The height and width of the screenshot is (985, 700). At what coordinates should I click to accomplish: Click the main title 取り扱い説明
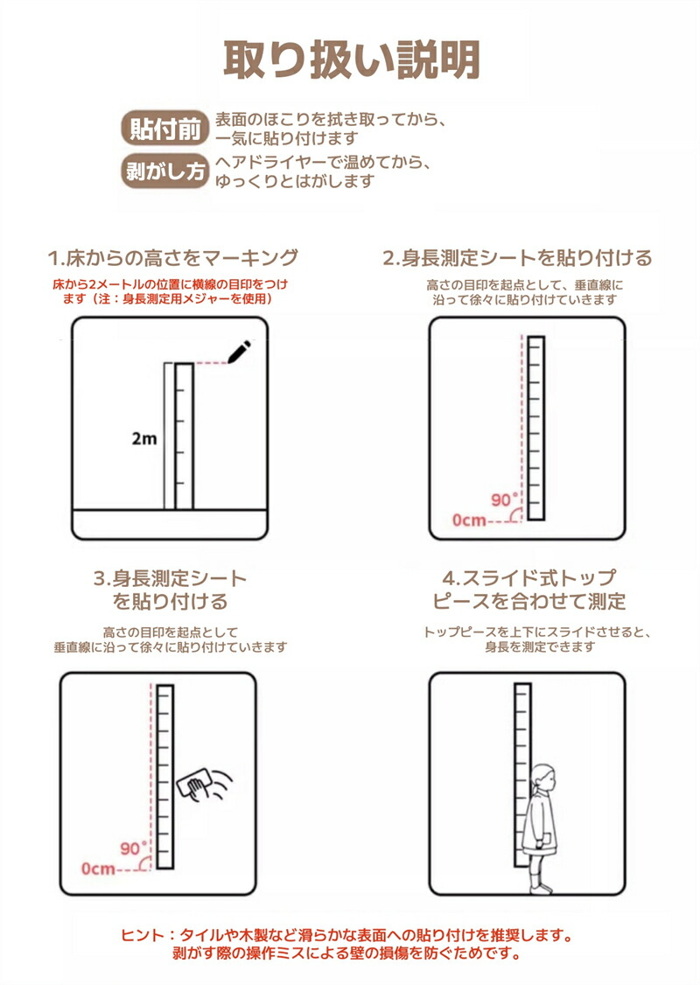click(351, 60)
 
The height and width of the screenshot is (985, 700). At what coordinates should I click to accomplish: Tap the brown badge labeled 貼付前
click(164, 128)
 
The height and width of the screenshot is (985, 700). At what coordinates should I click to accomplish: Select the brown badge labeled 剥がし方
click(164, 171)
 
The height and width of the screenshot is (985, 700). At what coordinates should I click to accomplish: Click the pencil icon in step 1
click(240, 352)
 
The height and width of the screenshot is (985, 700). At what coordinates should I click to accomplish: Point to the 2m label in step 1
click(143, 438)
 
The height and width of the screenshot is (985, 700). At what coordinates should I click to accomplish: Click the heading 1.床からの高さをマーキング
click(172, 257)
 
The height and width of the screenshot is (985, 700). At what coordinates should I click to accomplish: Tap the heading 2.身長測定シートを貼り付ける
click(518, 257)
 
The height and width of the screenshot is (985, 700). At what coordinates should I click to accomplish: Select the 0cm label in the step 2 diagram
click(469, 520)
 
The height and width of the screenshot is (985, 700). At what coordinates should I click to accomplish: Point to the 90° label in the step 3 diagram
click(134, 849)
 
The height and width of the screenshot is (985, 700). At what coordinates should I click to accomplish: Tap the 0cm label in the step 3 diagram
click(98, 869)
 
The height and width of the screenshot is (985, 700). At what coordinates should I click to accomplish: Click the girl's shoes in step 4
click(541, 888)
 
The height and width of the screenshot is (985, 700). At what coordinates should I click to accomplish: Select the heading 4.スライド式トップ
click(529, 577)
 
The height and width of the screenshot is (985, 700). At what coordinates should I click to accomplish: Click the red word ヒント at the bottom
click(143, 935)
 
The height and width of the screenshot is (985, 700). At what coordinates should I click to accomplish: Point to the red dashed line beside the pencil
click(211, 363)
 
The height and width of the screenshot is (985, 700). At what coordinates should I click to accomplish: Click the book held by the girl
click(546, 840)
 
